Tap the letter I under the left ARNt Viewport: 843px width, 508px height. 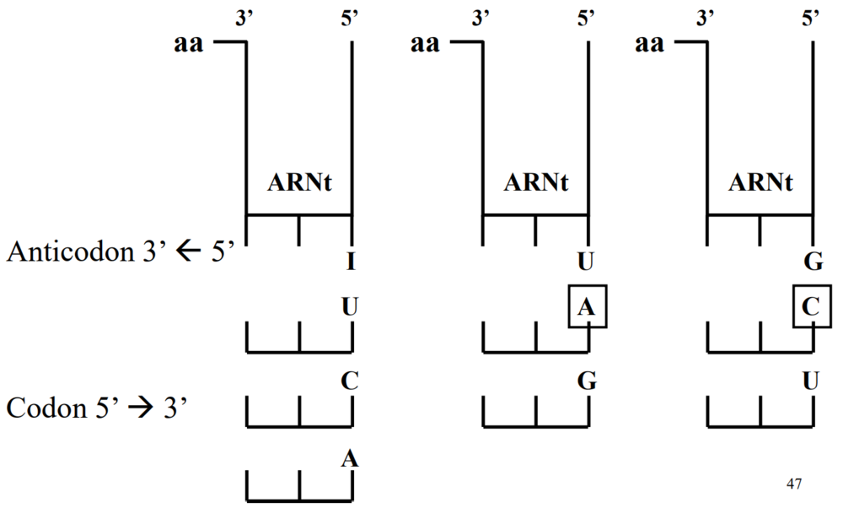coord(350,262)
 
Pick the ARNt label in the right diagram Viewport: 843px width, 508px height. coord(760,181)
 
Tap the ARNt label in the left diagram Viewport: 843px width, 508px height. coord(299,181)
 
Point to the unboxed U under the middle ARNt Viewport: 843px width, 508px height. coord(587,262)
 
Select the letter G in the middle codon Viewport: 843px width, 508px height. coord(587,381)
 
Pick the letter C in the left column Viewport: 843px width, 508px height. coord(350,381)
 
